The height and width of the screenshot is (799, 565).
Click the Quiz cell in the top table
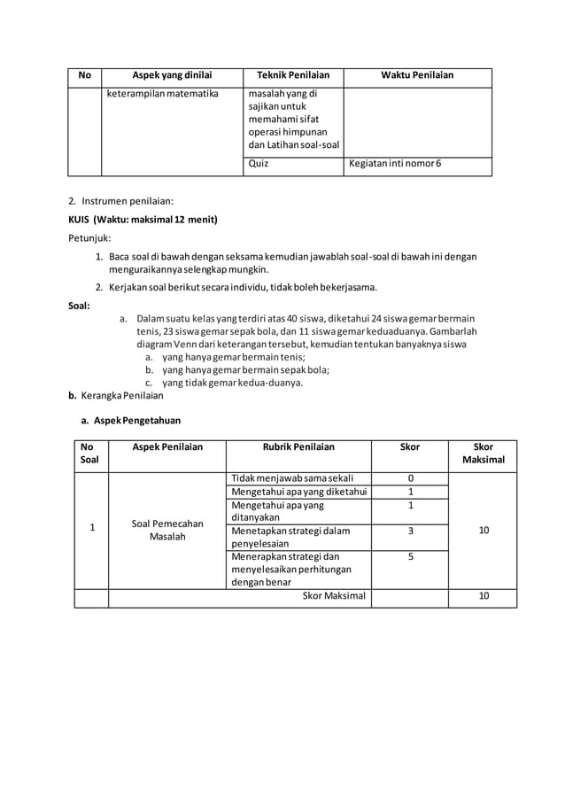pyautogui.click(x=259, y=164)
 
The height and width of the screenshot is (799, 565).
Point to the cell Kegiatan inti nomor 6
pyautogui.click(x=394, y=164)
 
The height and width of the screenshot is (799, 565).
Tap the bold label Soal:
pyautogui.click(x=80, y=306)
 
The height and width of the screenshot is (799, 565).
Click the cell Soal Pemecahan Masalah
pyautogui.click(x=166, y=530)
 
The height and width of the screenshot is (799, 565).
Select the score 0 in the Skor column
pyautogui.click(x=410, y=478)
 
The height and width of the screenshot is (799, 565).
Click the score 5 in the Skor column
pyautogui.click(x=410, y=557)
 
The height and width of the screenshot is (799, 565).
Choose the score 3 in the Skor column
pyautogui.click(x=410, y=531)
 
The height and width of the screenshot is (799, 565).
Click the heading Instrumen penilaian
pyautogui.click(x=128, y=202)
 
